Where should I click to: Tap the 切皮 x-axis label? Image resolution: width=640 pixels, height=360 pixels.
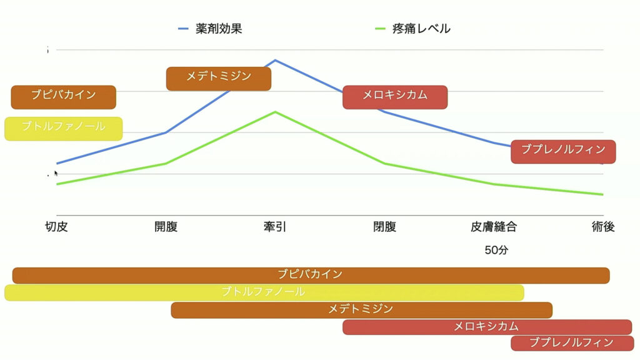click(x=56, y=226)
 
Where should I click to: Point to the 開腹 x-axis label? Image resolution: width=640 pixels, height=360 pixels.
click(x=166, y=226)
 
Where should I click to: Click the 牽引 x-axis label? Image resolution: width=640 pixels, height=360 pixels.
click(x=275, y=226)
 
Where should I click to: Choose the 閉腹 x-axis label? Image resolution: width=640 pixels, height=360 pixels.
click(x=384, y=226)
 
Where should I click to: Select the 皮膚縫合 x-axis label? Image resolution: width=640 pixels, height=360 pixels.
click(x=494, y=226)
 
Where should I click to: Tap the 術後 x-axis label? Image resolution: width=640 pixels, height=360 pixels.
click(x=603, y=226)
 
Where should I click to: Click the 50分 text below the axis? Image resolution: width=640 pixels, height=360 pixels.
click(x=496, y=250)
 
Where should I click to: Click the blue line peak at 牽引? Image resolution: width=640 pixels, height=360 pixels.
click(x=275, y=61)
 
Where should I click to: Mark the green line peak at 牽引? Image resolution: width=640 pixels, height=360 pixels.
click(x=275, y=112)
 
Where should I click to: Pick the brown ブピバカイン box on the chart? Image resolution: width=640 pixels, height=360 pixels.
click(x=64, y=97)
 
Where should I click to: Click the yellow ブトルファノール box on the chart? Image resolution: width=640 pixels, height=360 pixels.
click(x=64, y=128)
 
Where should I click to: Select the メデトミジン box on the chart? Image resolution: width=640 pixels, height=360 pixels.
click(x=219, y=78)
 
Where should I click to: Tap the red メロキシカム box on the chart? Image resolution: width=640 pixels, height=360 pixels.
click(x=395, y=97)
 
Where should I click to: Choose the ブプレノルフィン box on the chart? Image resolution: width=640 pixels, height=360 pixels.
click(x=563, y=151)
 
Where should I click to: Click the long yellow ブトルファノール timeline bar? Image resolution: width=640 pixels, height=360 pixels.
click(x=264, y=292)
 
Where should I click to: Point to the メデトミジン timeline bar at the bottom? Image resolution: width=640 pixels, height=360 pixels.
click(x=361, y=310)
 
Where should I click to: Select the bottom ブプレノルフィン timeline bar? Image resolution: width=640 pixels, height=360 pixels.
click(x=571, y=343)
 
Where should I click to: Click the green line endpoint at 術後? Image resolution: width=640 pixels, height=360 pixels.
click(x=602, y=194)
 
